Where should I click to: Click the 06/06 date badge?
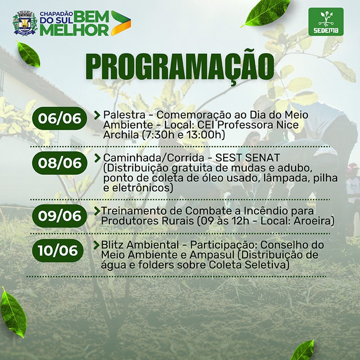[x=60, y=118]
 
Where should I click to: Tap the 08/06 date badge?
[x=60, y=163]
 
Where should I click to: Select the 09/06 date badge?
[x=60, y=216]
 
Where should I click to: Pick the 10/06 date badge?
[x=58, y=251]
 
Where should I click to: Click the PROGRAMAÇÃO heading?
[x=180, y=67]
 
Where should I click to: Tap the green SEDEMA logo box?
[x=326, y=22]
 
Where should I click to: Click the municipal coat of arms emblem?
[x=25, y=23]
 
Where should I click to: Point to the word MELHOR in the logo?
[x=74, y=30]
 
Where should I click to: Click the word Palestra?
[x=124, y=115]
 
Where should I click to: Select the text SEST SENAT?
[x=247, y=158]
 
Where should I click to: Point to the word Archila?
[x=121, y=135]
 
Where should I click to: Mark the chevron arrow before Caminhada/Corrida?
[x=97, y=158]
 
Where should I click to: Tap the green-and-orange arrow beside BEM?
[x=121, y=23]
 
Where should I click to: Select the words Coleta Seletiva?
[x=249, y=265]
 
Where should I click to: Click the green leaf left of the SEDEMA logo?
[x=266, y=13]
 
